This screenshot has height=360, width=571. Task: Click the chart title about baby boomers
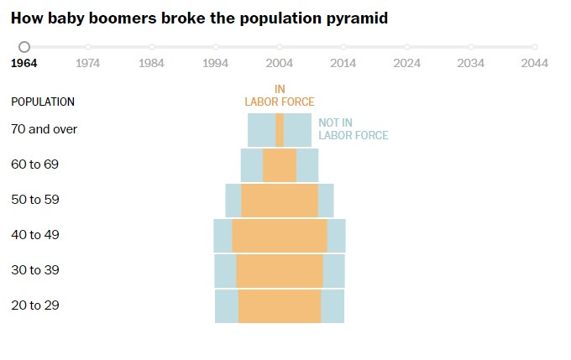199,18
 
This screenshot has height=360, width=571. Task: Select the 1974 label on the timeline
88,62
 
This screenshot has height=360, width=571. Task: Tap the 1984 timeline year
152,62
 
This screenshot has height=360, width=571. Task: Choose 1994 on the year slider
216,62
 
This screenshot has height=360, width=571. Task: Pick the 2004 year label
280,62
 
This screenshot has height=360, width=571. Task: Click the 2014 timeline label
343,62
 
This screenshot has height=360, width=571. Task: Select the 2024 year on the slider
407,62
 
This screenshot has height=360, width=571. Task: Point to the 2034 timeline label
471,62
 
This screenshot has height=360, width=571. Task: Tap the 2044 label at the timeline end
535,62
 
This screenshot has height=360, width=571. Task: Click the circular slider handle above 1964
24,47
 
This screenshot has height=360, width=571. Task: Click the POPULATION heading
43,102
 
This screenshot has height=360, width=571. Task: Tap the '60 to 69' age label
34,164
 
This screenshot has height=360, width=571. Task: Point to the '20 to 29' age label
34,305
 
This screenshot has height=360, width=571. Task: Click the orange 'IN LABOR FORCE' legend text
280,96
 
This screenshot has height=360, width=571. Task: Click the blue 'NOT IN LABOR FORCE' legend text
354,128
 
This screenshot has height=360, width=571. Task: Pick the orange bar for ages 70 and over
280,130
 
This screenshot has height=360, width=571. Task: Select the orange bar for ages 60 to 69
280,165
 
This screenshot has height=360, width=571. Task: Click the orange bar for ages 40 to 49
280,236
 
